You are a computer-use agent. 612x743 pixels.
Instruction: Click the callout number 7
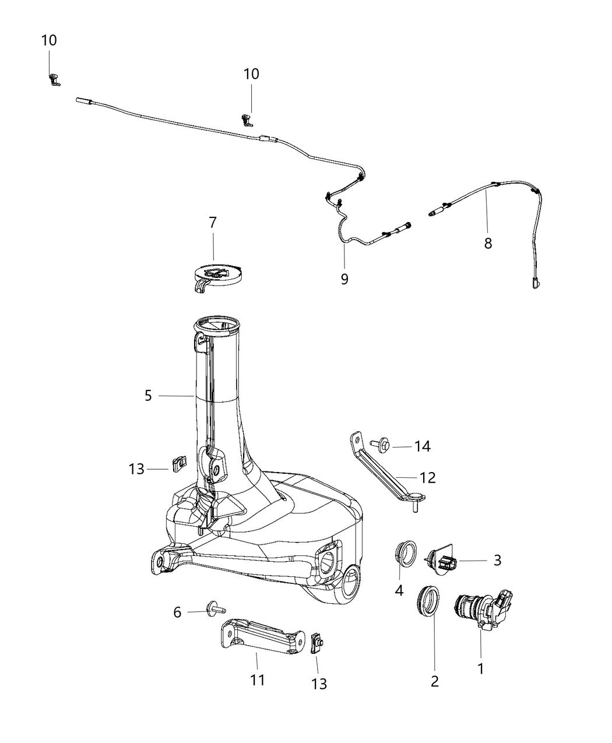pyautogui.click(x=213, y=222)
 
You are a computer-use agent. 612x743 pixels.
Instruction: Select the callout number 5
pyautogui.click(x=148, y=396)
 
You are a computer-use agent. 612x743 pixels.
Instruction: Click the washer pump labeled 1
pyautogui.click(x=483, y=613)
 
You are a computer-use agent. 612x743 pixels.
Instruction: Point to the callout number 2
pyautogui.click(x=435, y=681)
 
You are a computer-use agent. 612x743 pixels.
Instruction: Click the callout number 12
pyautogui.click(x=428, y=478)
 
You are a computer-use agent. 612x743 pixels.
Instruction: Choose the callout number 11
pyautogui.click(x=258, y=679)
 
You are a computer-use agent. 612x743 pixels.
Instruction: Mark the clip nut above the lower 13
pyautogui.click(x=316, y=643)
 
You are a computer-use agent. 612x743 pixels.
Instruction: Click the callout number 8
pyautogui.click(x=488, y=243)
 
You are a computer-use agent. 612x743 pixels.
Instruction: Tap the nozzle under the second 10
pyautogui.click(x=248, y=121)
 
